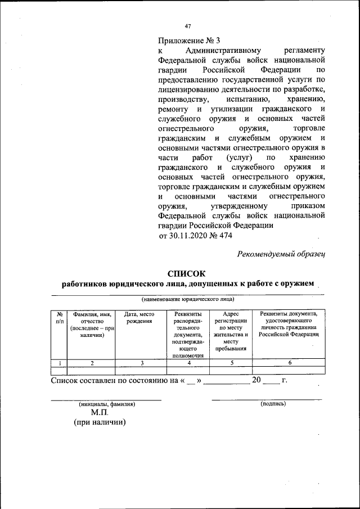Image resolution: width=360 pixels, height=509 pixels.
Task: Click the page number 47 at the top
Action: coord(188,26)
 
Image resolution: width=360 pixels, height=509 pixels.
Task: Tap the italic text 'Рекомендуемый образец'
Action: coord(282,255)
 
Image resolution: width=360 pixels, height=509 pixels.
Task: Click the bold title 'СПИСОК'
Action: coord(188,273)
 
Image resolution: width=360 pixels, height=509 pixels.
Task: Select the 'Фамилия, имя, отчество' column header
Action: coord(91,324)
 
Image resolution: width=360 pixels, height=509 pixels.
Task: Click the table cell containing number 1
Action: coord(58,363)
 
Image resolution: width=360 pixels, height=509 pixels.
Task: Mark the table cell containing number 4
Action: coord(188,363)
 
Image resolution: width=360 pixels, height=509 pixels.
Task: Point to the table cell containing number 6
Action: coord(289,363)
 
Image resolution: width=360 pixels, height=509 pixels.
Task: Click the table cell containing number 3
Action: coord(142,363)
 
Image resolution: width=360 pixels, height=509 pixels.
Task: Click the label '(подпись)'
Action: coord(273,403)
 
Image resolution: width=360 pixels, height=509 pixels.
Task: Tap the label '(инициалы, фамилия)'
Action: coord(106,404)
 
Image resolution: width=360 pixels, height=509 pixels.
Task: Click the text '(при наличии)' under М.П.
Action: coord(100,422)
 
